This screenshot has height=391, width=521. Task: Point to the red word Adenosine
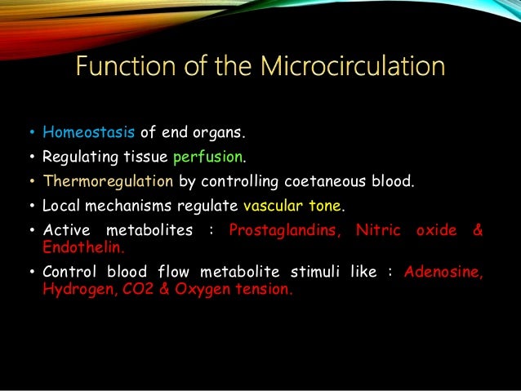pos(443,271)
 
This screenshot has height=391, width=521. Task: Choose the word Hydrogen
pos(73,287)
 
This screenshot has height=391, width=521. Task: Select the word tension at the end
pos(258,287)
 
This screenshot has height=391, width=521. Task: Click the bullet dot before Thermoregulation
pos(29,181)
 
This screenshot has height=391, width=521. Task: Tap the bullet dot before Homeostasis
pos(29,131)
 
